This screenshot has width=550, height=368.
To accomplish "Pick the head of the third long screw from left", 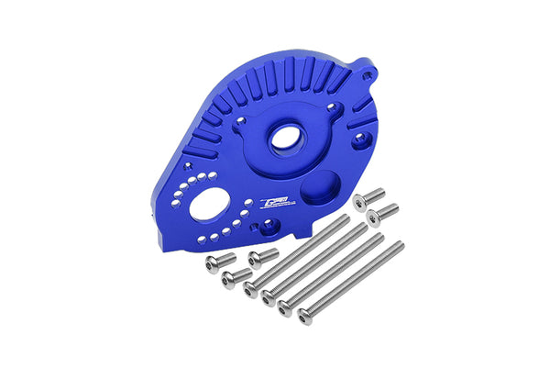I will [285, 308].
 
